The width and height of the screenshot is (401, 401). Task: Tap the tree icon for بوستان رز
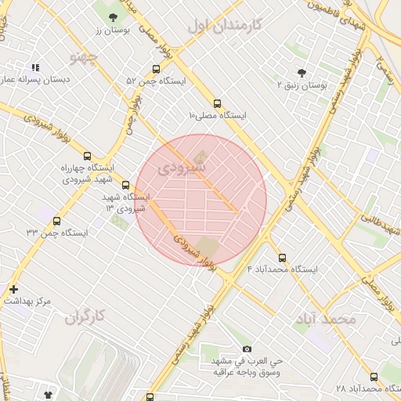click(114, 16)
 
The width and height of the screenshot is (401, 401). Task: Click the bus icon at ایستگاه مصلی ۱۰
click(217, 103)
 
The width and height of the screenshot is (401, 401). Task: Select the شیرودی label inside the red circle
click(182, 168)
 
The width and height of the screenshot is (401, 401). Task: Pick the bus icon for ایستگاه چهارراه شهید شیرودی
click(87, 156)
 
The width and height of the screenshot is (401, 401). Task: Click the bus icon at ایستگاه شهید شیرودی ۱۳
click(125, 186)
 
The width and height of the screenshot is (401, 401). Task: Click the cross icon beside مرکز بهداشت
click(13, 289)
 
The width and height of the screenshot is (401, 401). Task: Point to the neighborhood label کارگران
click(85, 316)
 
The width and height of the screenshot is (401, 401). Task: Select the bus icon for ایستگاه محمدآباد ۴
click(282, 258)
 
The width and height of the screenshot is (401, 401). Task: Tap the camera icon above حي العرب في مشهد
click(247, 349)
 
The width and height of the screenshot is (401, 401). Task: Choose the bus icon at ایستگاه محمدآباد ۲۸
click(374, 377)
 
